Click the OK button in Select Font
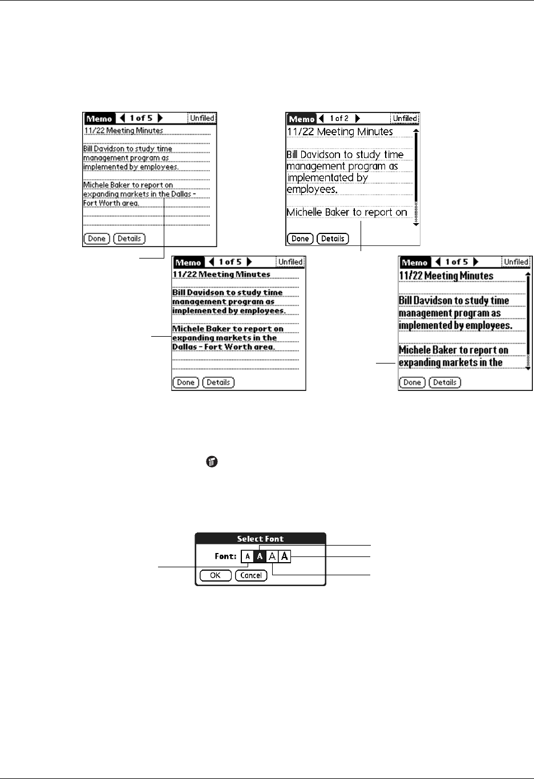[x=215, y=575]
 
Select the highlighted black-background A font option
[x=260, y=556]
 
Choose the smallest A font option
[x=248, y=556]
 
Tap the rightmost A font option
[x=285, y=556]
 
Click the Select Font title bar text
[x=260, y=539]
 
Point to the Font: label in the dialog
[x=225, y=556]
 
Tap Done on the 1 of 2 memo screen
[x=300, y=239]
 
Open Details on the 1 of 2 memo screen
[x=333, y=239]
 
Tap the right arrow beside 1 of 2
[x=358, y=119]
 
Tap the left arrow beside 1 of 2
[x=321, y=119]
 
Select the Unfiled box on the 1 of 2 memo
[x=404, y=119]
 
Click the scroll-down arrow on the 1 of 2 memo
[x=416, y=224]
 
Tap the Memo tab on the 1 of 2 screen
[x=301, y=119]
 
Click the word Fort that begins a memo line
[x=91, y=203]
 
